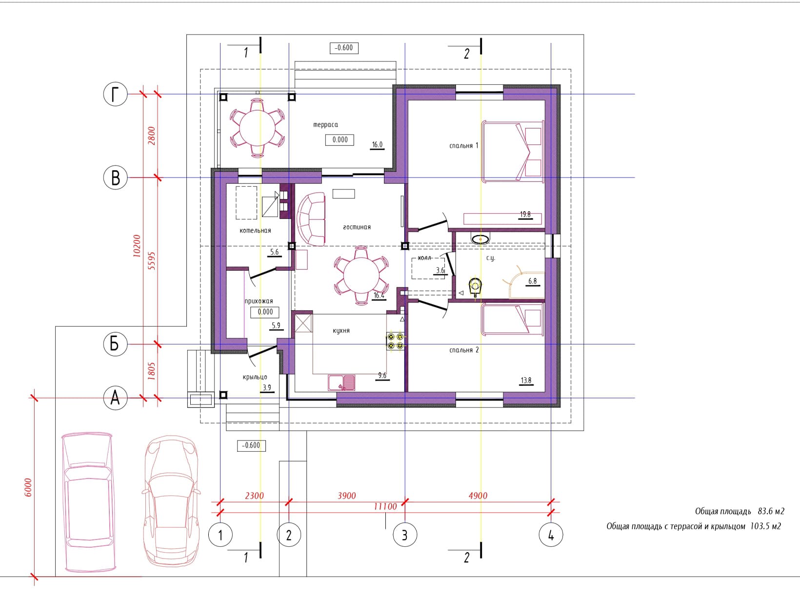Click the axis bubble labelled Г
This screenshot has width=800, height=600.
[x=116, y=94]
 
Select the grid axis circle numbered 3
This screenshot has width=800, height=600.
[x=405, y=535]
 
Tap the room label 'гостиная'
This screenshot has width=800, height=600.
[x=357, y=227]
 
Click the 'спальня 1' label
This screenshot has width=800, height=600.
[x=463, y=146]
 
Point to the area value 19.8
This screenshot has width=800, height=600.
[x=525, y=214]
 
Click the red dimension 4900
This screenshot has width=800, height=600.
[x=478, y=496]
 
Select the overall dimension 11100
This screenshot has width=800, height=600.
[x=385, y=506]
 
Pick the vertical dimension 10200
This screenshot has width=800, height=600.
[x=137, y=245]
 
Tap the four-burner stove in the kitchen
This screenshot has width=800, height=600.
[x=396, y=341]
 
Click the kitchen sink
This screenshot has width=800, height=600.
[x=341, y=382]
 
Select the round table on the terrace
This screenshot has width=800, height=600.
[x=258, y=128]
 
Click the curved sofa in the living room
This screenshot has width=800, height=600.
[x=311, y=220]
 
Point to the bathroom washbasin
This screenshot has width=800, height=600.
[x=480, y=239]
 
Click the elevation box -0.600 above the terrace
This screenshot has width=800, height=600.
[x=344, y=48]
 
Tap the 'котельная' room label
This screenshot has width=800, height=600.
[x=255, y=231]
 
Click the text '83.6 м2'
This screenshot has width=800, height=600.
[x=771, y=511]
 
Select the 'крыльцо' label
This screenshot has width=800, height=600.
[x=255, y=377]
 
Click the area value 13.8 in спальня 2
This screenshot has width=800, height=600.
[x=526, y=380]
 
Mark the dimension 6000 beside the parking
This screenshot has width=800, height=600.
[x=28, y=487]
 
